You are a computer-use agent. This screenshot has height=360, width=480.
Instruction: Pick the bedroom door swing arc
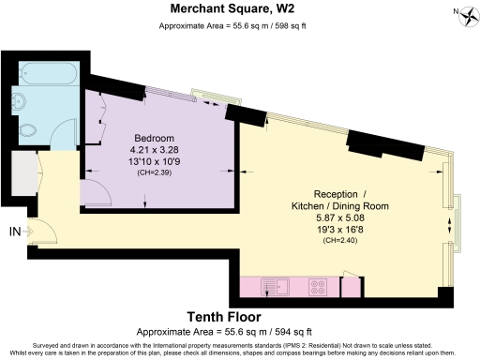click(95, 194)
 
